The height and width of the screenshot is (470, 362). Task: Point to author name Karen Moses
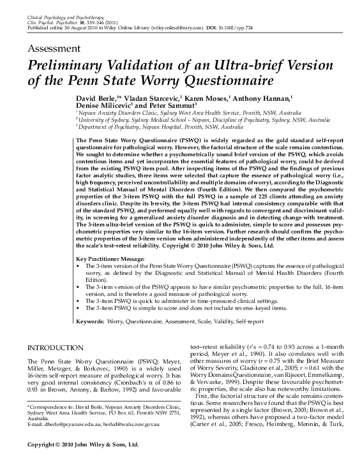[208, 100]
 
